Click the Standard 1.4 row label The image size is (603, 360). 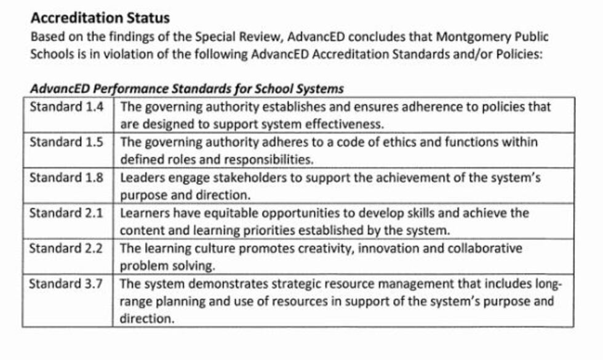pyautogui.click(x=67, y=106)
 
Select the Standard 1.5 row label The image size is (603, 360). pyautogui.click(x=67, y=142)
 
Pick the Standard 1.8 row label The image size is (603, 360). pyautogui.click(x=67, y=178)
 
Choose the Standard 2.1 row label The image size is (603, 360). pyautogui.click(x=67, y=214)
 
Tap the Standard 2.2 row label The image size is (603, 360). pyautogui.click(x=67, y=249)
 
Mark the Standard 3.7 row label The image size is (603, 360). pyautogui.click(x=67, y=285)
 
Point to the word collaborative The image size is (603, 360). pyautogui.click(x=482, y=249)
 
